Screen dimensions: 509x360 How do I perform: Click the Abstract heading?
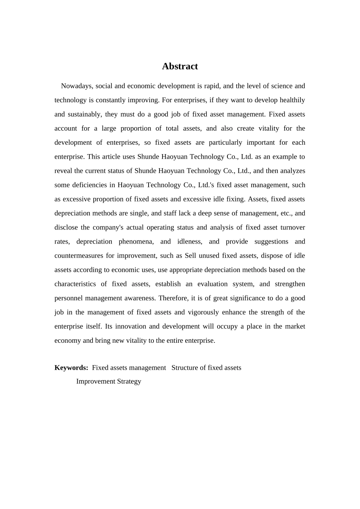[x=180, y=66]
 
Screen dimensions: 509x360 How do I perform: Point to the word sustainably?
[x=83, y=114]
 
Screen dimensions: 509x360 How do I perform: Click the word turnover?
[x=293, y=227]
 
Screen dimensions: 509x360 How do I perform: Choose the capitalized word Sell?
[x=191, y=256]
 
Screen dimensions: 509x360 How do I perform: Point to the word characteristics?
[x=75, y=284]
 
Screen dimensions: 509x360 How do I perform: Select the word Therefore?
[x=173, y=298]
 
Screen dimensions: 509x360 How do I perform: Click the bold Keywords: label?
[x=71, y=368]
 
